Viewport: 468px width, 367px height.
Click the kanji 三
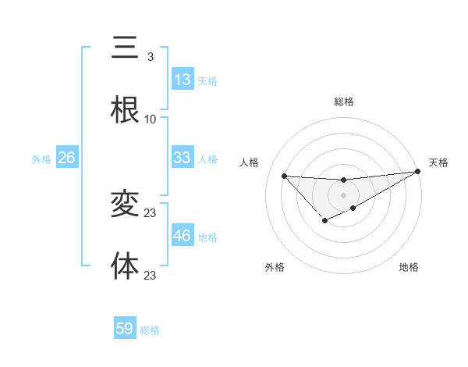(125, 47)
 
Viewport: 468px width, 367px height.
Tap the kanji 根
(125, 109)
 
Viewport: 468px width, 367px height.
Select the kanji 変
(125, 203)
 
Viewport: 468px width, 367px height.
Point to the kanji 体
(125, 265)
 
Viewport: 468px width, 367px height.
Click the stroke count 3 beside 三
(150, 57)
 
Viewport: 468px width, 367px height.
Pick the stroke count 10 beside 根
(150, 119)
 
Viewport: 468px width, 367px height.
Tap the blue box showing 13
(182, 80)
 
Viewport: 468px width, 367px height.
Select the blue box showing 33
(182, 158)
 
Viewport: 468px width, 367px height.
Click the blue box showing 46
(182, 236)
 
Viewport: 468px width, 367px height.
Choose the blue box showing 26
(66, 158)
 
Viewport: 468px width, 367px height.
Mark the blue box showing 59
(125, 329)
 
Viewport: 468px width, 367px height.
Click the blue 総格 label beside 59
(150, 330)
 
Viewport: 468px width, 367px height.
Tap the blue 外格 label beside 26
(41, 159)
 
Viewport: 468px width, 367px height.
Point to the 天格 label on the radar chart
(438, 162)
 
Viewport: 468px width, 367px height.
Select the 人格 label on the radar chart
(249, 162)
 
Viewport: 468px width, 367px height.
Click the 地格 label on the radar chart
(409, 268)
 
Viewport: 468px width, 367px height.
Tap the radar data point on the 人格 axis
(284, 176)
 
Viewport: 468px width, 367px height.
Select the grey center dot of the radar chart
(343, 194)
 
